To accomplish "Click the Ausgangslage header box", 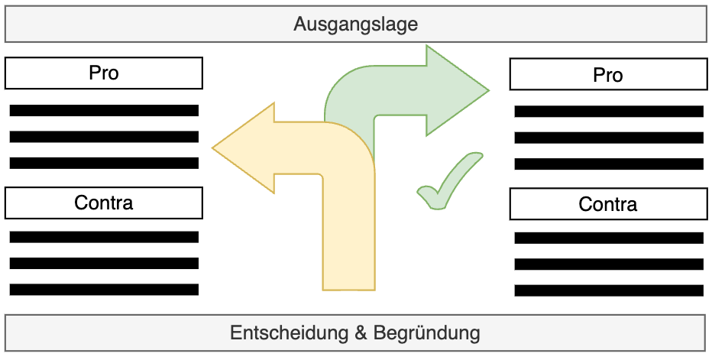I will tap(355, 24).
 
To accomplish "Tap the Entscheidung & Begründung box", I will tap(355, 333).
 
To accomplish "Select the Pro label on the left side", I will tap(104, 74).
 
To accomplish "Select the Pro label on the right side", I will tap(608, 75).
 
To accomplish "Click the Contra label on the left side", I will tap(104, 203).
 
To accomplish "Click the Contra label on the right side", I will tap(608, 204).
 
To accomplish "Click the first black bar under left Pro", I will tap(104, 111).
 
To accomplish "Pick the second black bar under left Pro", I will tap(104, 137).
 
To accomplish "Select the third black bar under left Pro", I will tap(104, 163).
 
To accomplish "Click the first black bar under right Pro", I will tap(609, 112).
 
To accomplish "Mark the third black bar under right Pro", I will tap(609, 164).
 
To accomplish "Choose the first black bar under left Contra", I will tap(104, 237).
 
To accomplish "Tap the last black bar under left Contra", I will tap(104, 290).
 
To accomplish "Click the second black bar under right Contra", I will tap(609, 264).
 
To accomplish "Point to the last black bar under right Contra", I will tap(609, 290).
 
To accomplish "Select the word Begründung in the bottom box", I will tap(427, 334).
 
